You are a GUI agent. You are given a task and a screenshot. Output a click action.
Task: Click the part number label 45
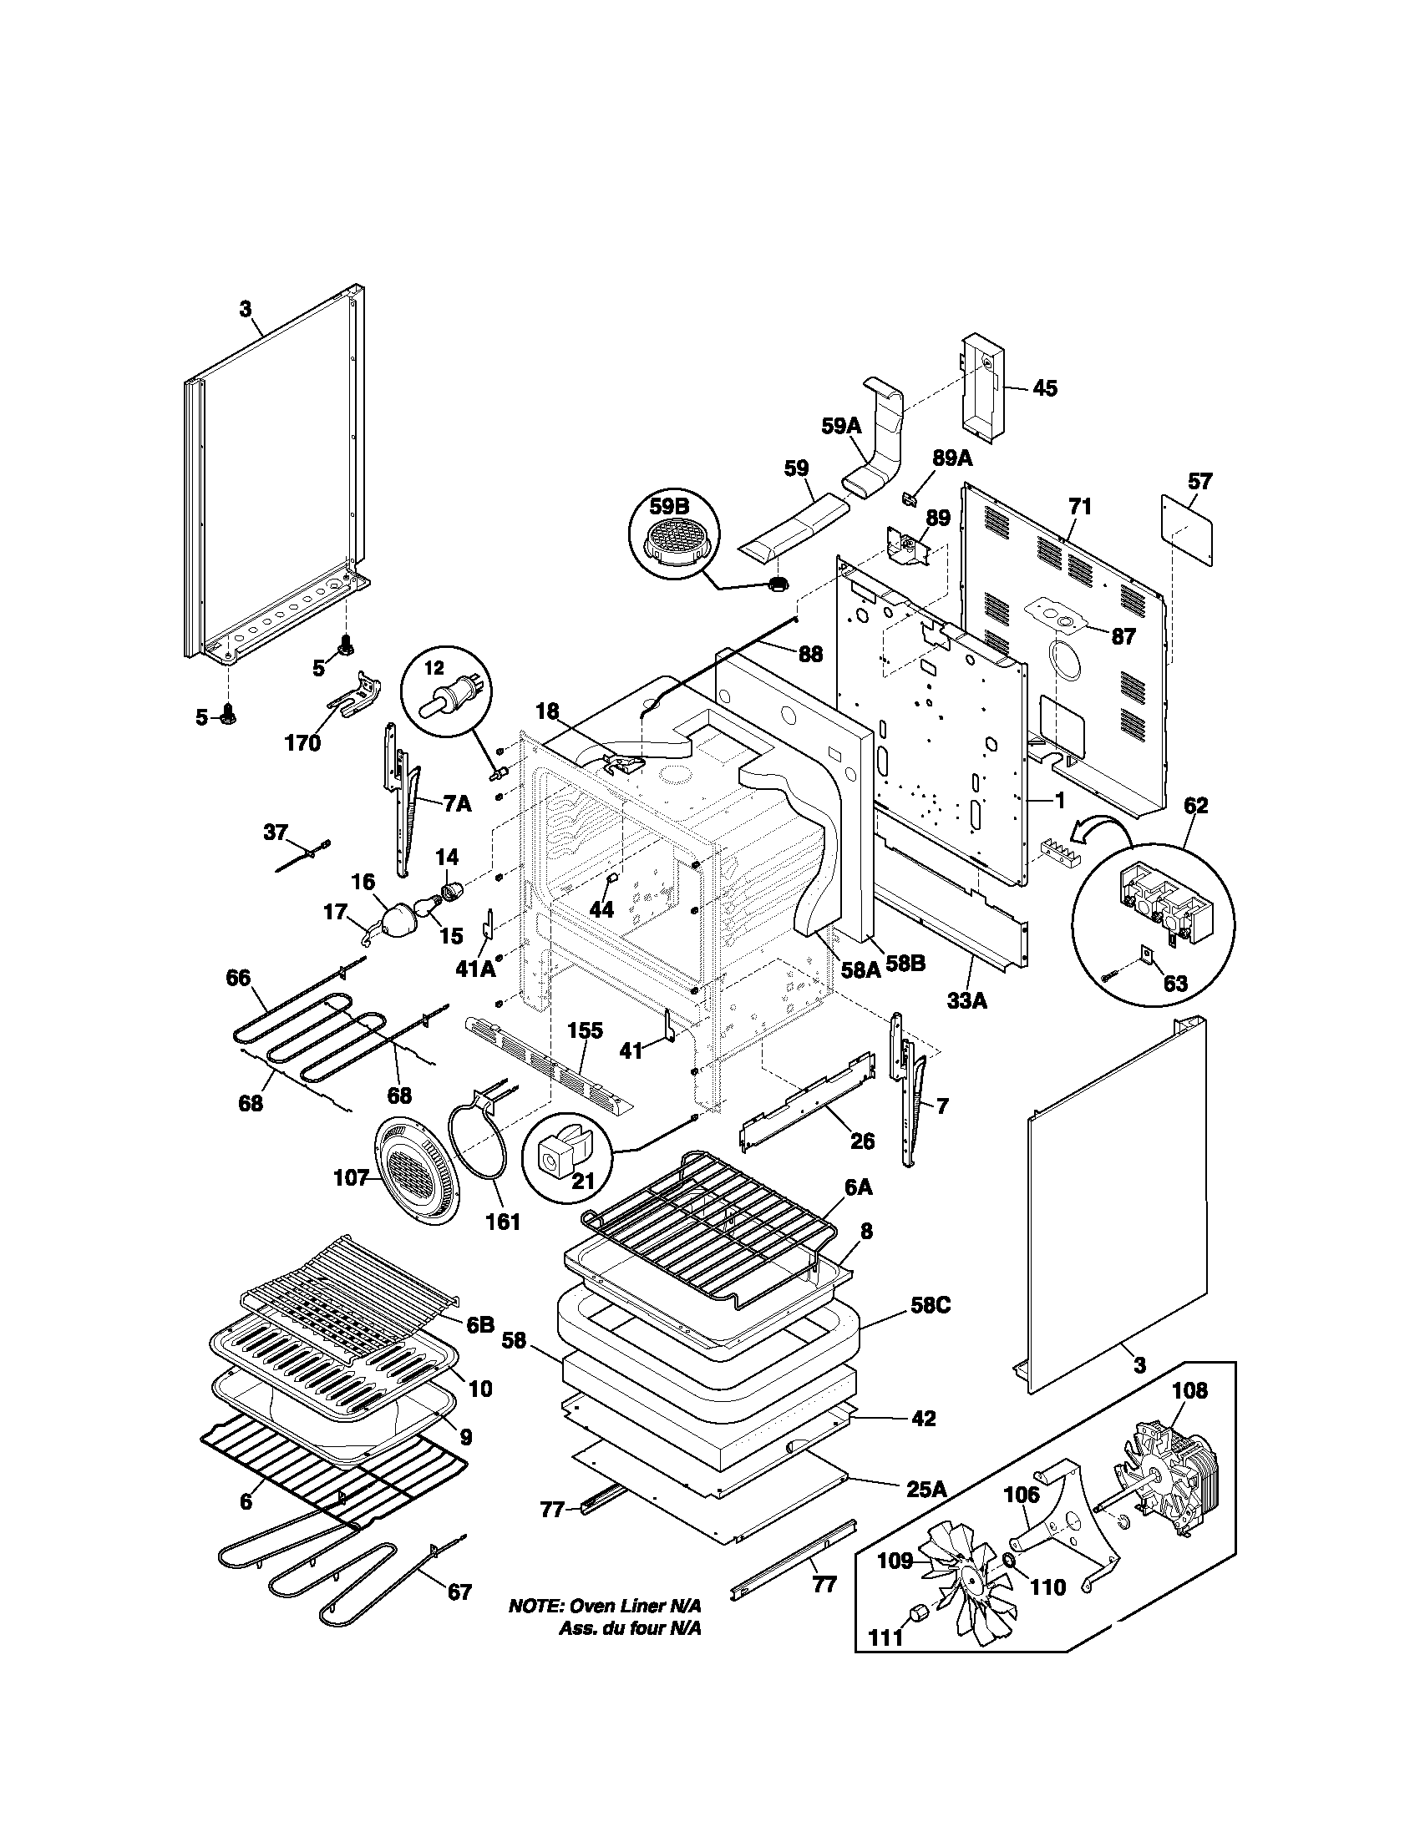(x=1045, y=388)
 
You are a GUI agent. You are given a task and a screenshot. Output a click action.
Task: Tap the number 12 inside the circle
(x=434, y=669)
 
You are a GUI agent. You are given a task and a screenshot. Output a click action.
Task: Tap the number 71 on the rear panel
(x=1080, y=507)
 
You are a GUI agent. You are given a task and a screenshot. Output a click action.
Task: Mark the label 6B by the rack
(x=479, y=1325)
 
